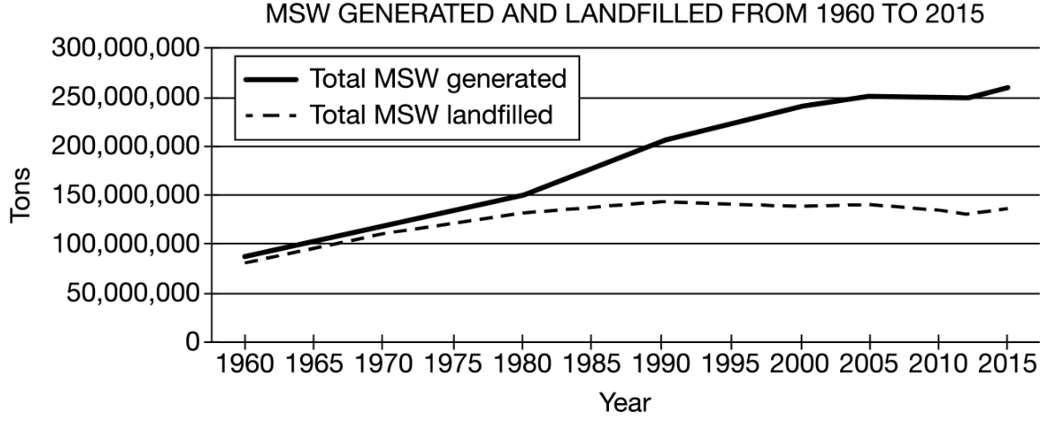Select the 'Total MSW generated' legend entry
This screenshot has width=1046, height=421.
coord(437,78)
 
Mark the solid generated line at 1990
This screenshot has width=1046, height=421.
coord(661,141)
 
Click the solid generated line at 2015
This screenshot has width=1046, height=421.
coord(1007,88)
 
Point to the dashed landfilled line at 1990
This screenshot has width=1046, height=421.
coord(661,202)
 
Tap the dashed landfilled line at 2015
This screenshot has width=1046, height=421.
coord(1007,209)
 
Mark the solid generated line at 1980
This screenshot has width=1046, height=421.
coord(522,195)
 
